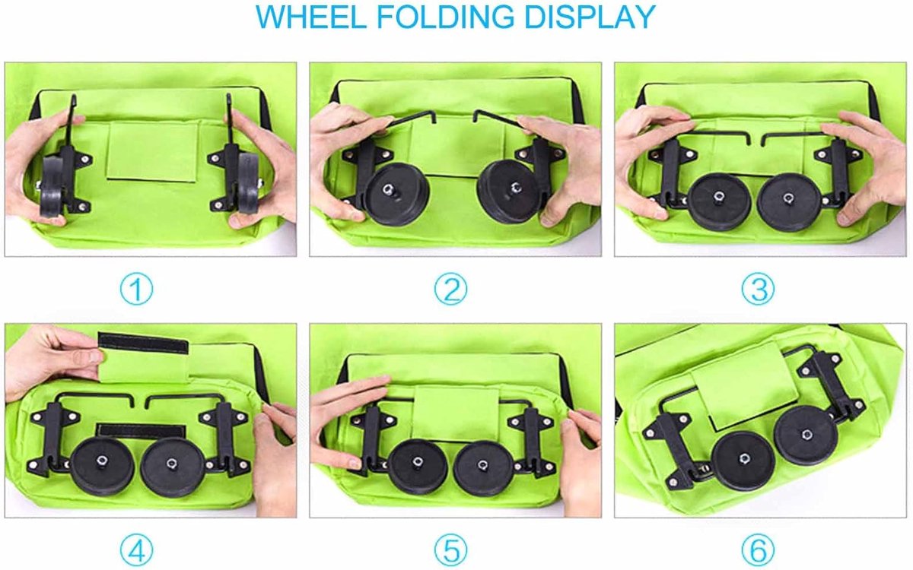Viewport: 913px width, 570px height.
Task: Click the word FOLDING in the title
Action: pyautogui.click(x=445, y=17)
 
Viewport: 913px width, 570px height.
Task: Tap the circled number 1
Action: pyautogui.click(x=136, y=290)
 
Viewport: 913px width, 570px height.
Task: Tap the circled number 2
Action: pyautogui.click(x=450, y=290)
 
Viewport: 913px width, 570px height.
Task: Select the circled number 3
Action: pyautogui.click(x=758, y=290)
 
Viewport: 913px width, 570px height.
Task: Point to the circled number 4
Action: pyautogui.click(x=136, y=551)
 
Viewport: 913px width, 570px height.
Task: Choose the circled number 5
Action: pyautogui.click(x=450, y=551)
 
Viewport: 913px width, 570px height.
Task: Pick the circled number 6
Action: pyautogui.click(x=758, y=551)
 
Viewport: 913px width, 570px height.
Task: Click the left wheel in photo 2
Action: pyautogui.click(x=396, y=194)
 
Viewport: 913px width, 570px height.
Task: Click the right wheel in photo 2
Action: pyautogui.click(x=511, y=192)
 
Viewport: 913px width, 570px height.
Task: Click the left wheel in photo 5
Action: pyautogui.click(x=417, y=467)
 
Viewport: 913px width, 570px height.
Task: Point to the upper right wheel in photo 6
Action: pyautogui.click(x=806, y=435)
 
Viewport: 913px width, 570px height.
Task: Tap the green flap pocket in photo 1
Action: pyautogui.click(x=152, y=151)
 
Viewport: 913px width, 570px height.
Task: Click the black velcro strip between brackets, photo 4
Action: pyautogui.click(x=141, y=431)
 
